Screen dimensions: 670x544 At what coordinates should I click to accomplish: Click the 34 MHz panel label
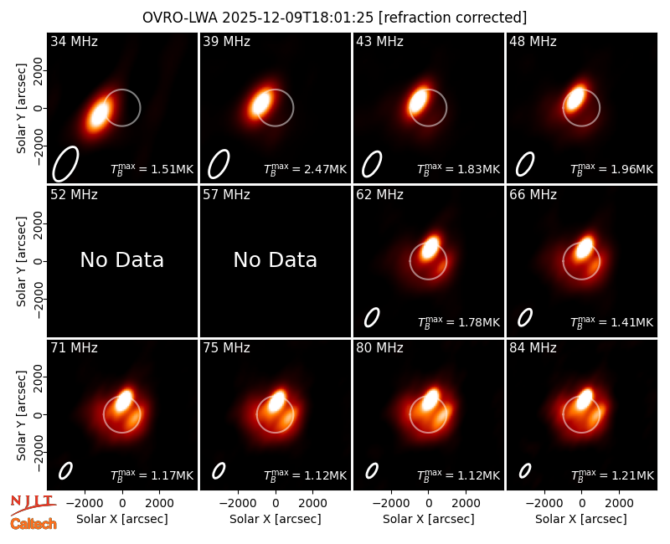click(x=74, y=41)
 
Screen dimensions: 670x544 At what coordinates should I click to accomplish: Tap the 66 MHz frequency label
click(x=533, y=195)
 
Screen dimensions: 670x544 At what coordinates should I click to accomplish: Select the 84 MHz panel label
click(x=533, y=348)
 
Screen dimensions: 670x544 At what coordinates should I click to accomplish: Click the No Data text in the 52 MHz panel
click(x=122, y=259)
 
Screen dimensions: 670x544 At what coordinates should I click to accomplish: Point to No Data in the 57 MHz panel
click(x=276, y=259)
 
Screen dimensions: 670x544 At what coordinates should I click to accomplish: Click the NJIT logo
click(x=33, y=505)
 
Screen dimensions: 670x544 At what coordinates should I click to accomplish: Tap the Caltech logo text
click(x=33, y=524)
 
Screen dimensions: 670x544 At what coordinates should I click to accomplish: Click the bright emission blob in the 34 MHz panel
click(x=99, y=114)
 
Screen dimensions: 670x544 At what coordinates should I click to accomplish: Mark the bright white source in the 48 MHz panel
click(x=575, y=99)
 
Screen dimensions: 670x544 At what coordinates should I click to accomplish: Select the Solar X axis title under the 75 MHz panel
click(x=276, y=519)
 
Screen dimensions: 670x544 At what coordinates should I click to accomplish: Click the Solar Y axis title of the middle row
click(x=21, y=261)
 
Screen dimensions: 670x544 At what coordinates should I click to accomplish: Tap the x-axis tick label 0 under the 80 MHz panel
click(x=429, y=504)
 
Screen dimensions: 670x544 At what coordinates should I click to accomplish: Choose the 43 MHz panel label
click(x=380, y=41)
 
